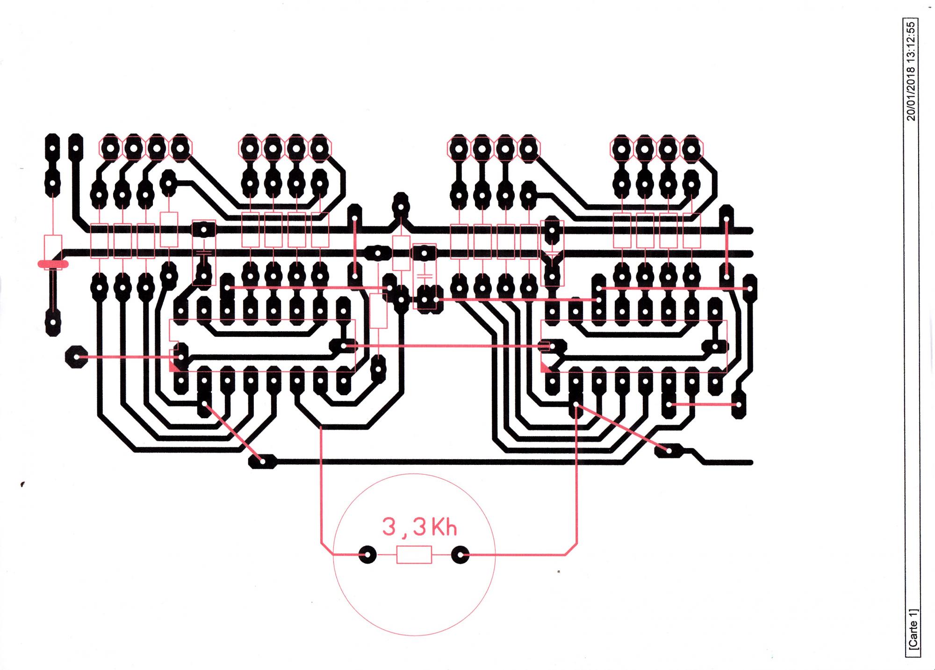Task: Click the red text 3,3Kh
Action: (x=419, y=527)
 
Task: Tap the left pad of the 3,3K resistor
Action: (x=367, y=555)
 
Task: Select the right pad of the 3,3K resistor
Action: (x=460, y=555)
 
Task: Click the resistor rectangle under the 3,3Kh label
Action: (x=414, y=555)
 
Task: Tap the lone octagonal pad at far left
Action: (x=76, y=357)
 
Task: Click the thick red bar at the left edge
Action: (x=53, y=264)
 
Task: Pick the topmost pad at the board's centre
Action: (x=400, y=206)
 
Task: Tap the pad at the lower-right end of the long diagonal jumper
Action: (x=669, y=450)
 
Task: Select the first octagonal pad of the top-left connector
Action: (x=110, y=149)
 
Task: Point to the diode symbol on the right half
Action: (x=552, y=256)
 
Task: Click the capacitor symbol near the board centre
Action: (x=424, y=272)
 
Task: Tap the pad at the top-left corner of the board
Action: (x=52, y=148)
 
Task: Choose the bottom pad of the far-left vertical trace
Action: (x=53, y=322)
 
